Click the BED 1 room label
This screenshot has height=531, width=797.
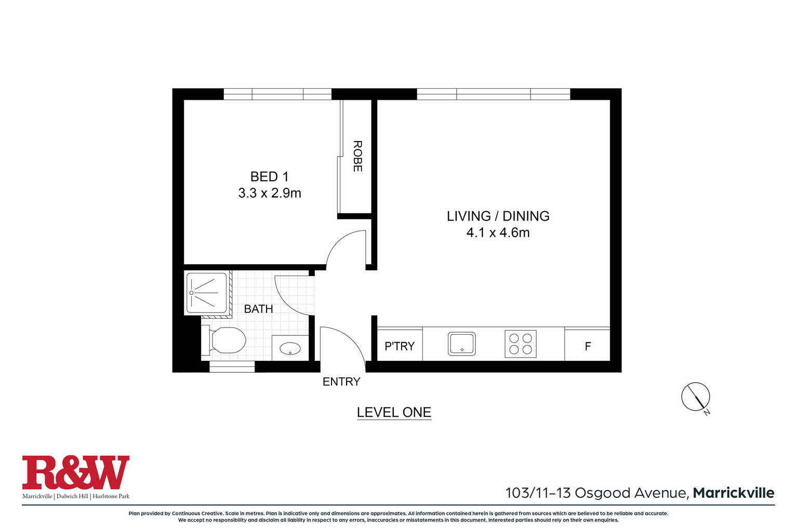pyautogui.click(x=269, y=176)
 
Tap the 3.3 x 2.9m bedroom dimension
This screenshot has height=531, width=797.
pyautogui.click(x=270, y=193)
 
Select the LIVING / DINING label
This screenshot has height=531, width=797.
pyautogui.click(x=498, y=216)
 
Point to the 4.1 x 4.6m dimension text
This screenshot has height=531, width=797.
pyautogui.click(x=498, y=233)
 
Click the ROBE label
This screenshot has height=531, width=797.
pyautogui.click(x=357, y=156)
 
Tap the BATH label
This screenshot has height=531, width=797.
pyautogui.click(x=258, y=309)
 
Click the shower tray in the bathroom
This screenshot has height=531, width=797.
pyautogui.click(x=207, y=293)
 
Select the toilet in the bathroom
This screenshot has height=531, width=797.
pyautogui.click(x=224, y=341)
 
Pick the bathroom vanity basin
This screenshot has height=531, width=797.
pyautogui.click(x=290, y=348)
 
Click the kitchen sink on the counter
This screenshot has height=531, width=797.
pyautogui.click(x=461, y=344)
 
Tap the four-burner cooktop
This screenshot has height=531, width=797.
pyautogui.click(x=521, y=344)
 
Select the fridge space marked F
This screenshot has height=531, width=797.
pyautogui.click(x=588, y=346)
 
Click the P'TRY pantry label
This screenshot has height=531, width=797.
pyautogui.click(x=400, y=346)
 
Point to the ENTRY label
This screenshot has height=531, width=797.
pyautogui.click(x=341, y=382)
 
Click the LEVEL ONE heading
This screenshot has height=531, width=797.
pyautogui.click(x=394, y=412)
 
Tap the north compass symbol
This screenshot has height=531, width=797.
pyautogui.click(x=696, y=397)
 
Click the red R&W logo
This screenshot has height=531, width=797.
pyautogui.click(x=76, y=472)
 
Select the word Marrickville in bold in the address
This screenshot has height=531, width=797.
pyautogui.click(x=734, y=493)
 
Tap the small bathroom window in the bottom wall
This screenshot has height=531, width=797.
pyautogui.click(x=232, y=367)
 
